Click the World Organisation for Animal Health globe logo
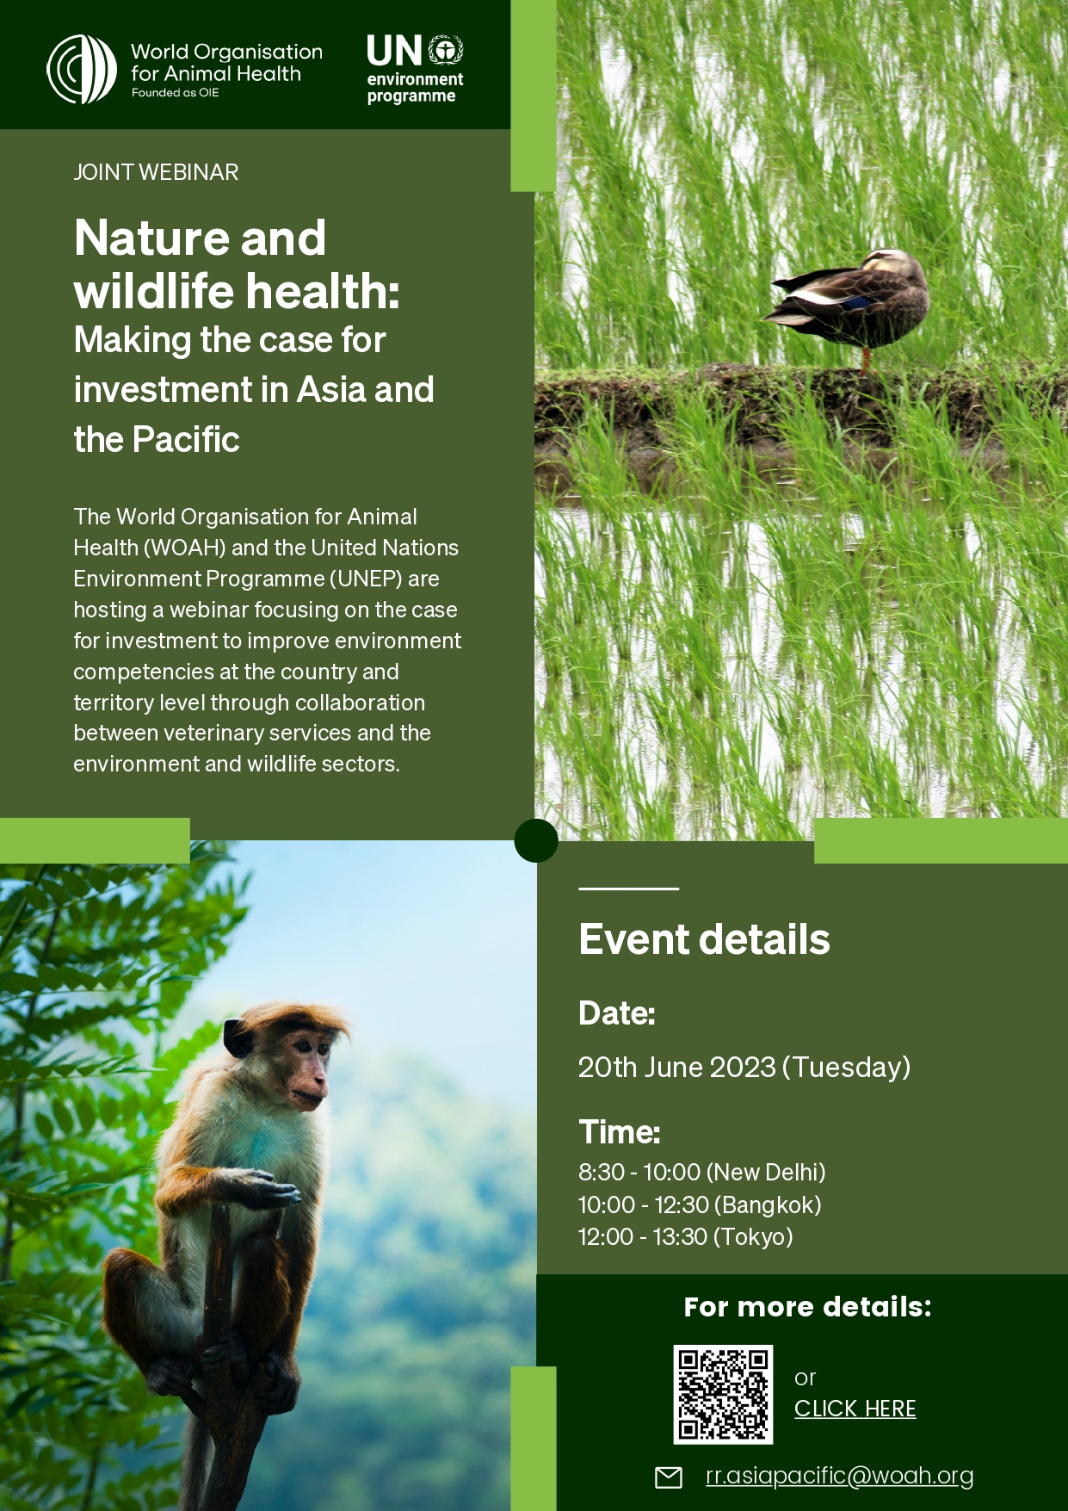(x=82, y=70)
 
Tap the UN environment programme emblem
(x=446, y=51)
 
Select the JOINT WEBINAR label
(x=156, y=172)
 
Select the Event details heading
(x=704, y=939)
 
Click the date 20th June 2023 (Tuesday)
(x=744, y=1068)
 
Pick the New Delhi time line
(x=702, y=1173)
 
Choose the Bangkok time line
(x=700, y=1205)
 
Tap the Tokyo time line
(x=686, y=1237)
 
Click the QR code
(x=723, y=1395)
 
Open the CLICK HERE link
(x=855, y=1409)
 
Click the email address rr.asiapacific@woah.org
(x=840, y=1476)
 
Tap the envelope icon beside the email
(x=669, y=1477)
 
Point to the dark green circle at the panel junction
(x=536, y=840)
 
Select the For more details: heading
(x=808, y=1307)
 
